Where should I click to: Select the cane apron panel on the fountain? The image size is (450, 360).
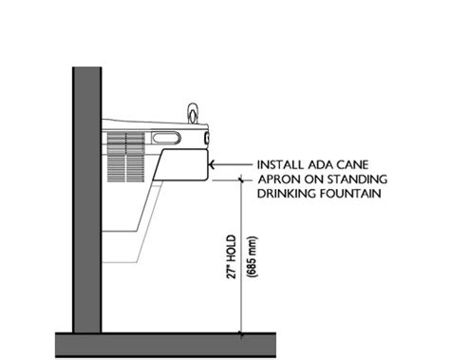[x=181, y=163]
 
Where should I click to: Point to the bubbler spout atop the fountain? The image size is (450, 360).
[x=194, y=113]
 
